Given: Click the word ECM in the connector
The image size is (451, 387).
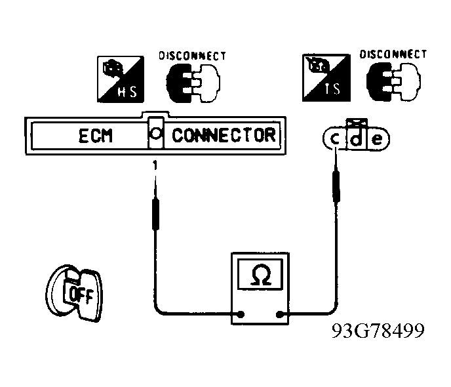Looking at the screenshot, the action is point(95,136).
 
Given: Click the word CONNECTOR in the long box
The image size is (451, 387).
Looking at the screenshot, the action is point(224,135).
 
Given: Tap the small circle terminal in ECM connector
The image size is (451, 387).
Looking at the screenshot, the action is point(155,133).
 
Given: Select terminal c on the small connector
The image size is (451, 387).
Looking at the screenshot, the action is point(334,139).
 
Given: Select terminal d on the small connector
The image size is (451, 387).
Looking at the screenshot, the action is point(357,138).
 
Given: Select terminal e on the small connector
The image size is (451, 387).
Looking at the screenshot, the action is point(377,139).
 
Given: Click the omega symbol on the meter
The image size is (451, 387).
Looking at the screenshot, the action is point(261,274).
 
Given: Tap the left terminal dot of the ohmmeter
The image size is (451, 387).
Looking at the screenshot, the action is point(241,314).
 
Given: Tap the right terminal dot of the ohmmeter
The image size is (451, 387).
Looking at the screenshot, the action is point(279,314).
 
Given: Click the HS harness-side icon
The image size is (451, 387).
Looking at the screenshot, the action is point(121,79).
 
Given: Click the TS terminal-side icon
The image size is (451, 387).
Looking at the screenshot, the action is point(326,77).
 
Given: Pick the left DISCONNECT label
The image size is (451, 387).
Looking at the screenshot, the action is point(193,56).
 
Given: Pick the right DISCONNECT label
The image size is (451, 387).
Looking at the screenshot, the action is point(393,54).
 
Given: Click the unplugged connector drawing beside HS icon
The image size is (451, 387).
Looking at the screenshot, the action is point(193,83).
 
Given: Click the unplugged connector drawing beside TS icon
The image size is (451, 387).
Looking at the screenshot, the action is point(393,81).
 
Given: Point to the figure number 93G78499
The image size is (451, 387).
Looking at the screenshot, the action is point(378,331).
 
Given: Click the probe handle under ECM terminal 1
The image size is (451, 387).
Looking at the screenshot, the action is point(155,214).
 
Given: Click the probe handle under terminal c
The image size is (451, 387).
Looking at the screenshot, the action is point(336,186).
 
